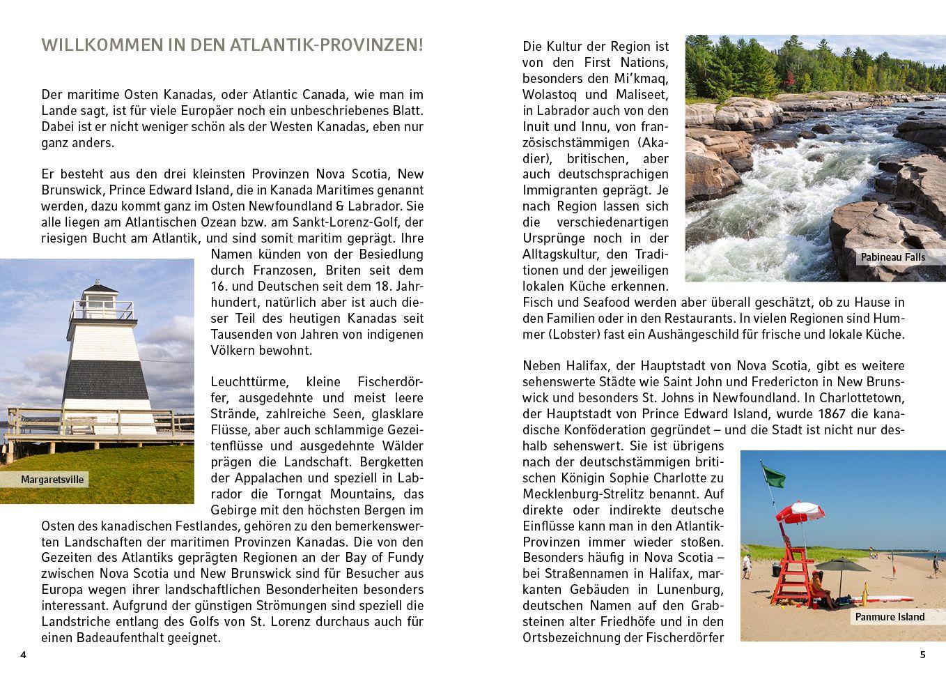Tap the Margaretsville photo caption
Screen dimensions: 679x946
click(x=52, y=480)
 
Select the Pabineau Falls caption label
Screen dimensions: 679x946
click(x=892, y=257)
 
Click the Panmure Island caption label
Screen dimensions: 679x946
click(x=890, y=617)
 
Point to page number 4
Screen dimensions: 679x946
click(x=23, y=655)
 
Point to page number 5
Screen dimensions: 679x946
click(x=922, y=655)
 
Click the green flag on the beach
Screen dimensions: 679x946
click(x=774, y=478)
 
